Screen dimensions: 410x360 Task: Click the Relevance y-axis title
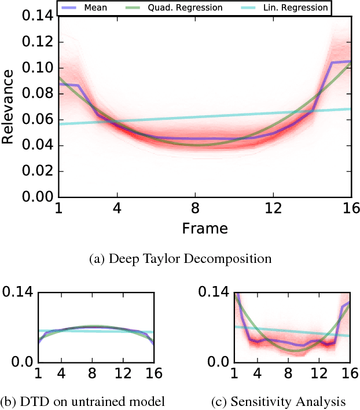pos(9,108)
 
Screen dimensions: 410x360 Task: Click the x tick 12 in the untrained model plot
pos(122,374)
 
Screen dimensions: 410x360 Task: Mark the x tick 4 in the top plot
pos(119,208)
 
